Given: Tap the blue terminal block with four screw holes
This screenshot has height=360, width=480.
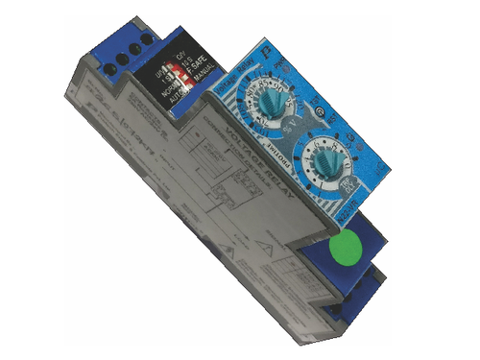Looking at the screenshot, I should coord(119,53).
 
